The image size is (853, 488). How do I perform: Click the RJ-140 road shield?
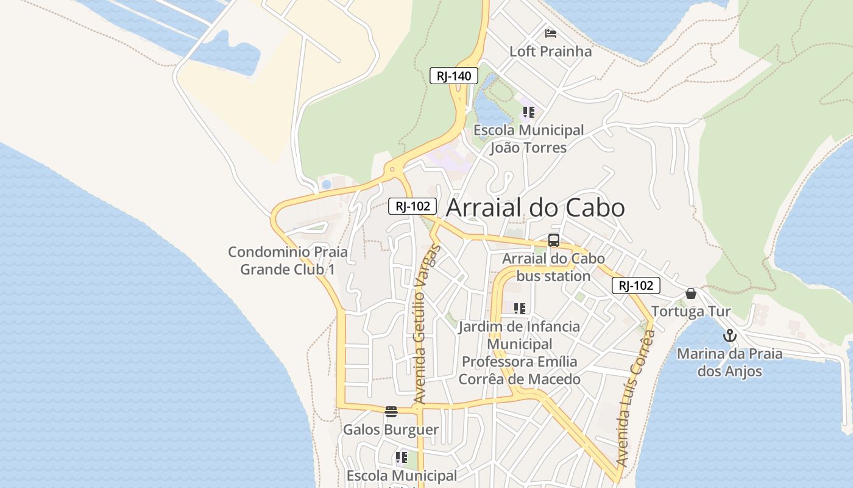point(454,76)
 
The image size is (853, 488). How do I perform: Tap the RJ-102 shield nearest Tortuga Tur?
point(636,285)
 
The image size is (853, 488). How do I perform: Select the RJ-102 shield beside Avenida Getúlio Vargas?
point(412,206)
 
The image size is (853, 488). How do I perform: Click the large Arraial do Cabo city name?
point(536,208)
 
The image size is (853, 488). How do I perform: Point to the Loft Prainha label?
point(550,51)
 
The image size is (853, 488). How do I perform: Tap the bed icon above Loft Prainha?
point(551,33)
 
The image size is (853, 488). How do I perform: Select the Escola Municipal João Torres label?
point(528,139)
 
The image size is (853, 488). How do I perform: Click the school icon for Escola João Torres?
point(528,112)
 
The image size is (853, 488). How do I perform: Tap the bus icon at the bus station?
point(553,240)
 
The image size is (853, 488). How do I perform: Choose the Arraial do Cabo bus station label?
point(553,267)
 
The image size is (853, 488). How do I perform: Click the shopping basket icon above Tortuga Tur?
point(690,294)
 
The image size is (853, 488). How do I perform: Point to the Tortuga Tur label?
point(691,312)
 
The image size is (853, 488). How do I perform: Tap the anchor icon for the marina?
point(729,335)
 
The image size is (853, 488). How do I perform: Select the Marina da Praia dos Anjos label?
point(729,362)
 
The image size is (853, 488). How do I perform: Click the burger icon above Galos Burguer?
point(391,412)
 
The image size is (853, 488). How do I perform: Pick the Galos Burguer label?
point(391,429)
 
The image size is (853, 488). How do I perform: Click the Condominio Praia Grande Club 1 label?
point(288,260)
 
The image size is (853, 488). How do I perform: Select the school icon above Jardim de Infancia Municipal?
point(519,309)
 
